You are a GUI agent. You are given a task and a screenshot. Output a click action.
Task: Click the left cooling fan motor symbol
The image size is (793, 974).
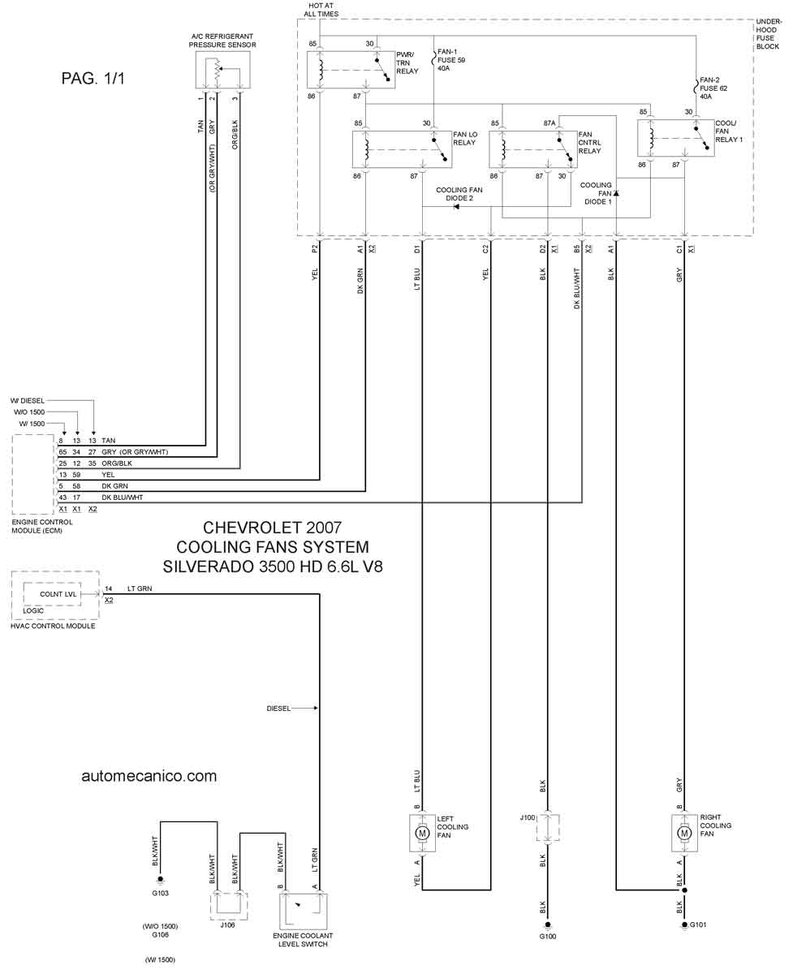[x=422, y=834]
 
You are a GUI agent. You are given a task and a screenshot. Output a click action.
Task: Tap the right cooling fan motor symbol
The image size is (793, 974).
[x=684, y=833]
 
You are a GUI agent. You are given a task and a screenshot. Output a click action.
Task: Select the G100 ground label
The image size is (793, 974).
[x=547, y=936]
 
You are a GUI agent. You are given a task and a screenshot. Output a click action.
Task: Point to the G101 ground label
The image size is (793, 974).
[x=698, y=924]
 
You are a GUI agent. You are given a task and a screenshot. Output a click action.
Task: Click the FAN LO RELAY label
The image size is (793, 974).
[x=465, y=139]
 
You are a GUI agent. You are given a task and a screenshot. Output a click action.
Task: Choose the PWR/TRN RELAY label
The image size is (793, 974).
[x=407, y=63]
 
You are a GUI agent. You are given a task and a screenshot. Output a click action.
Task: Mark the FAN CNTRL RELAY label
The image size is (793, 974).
[x=589, y=143]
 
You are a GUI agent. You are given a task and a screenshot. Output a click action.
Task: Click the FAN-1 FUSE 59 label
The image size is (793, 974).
[x=451, y=60]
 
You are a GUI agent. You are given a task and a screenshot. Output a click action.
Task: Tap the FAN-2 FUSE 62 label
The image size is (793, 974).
[x=713, y=88]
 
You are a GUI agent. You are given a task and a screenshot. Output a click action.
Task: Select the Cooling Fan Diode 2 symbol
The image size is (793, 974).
[x=456, y=207]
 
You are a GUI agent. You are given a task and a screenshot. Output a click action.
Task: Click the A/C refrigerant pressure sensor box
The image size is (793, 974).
[x=222, y=70]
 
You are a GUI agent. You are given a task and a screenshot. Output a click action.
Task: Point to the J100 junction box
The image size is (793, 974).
[x=548, y=827]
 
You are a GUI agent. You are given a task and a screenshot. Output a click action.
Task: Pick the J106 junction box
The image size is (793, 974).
[x=229, y=907]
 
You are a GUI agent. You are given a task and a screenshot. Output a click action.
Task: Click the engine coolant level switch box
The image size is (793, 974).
[x=303, y=911]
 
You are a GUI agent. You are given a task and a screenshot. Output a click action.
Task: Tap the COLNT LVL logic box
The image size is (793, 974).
[x=52, y=594]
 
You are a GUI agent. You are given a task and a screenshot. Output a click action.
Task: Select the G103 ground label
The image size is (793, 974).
[x=160, y=893]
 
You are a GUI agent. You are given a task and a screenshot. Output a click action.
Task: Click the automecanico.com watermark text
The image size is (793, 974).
[x=149, y=776]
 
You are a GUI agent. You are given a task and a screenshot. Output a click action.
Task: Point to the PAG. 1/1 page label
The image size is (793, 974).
[x=93, y=78]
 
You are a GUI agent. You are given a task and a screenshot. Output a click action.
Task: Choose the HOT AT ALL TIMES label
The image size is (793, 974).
[x=321, y=10]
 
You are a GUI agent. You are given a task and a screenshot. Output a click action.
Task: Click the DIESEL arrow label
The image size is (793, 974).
[x=292, y=709]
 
